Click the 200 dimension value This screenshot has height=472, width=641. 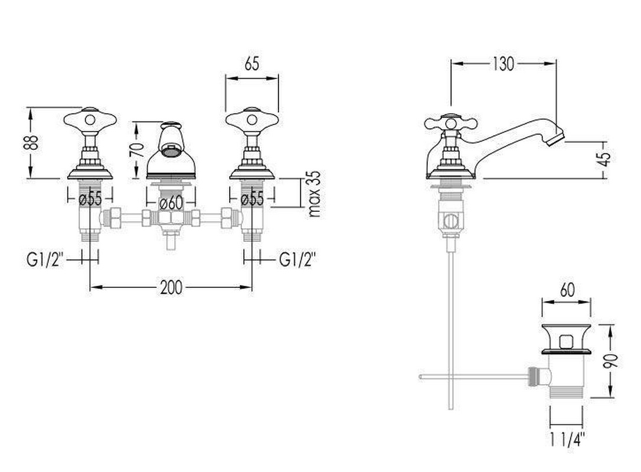click(171, 287)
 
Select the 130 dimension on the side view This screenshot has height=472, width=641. click(503, 64)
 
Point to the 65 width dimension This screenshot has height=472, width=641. click(252, 64)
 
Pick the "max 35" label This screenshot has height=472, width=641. click(314, 194)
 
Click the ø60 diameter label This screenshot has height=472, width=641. click(171, 203)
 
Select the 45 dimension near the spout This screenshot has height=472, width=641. click(606, 159)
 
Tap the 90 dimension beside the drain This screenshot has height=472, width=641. click(611, 360)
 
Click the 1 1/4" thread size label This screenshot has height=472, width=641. click(567, 440)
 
